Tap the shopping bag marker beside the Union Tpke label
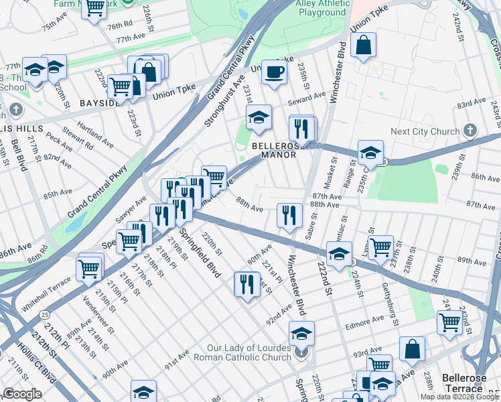pos(362,46)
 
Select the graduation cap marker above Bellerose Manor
pos(259,118)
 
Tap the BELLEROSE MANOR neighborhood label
pos(274,150)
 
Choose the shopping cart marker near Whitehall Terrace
pos(89,268)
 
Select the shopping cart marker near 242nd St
pos(449,322)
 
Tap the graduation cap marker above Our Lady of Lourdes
pos(301,333)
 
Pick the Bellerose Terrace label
pos(470,383)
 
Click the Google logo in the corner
pos(22,394)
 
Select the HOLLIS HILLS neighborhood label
pos(22,128)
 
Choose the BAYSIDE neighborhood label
pos(99,103)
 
